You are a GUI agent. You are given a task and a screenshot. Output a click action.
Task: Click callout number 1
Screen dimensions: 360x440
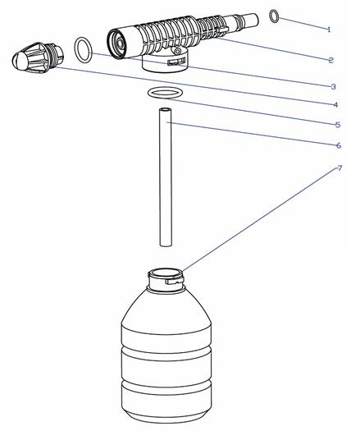(x=329, y=30)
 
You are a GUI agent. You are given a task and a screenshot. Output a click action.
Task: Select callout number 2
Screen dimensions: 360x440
(x=331, y=60)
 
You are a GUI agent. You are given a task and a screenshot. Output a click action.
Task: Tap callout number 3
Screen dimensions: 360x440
(x=334, y=86)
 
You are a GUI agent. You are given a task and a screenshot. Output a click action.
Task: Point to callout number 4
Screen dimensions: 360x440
(x=335, y=105)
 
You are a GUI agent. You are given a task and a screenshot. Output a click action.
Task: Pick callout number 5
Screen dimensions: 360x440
(x=338, y=125)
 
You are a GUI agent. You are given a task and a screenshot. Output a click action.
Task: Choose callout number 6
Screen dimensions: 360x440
(x=339, y=145)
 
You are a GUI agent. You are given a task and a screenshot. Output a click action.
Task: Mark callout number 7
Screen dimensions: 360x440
(x=339, y=168)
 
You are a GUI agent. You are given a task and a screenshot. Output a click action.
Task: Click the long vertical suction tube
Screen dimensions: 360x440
(x=166, y=176)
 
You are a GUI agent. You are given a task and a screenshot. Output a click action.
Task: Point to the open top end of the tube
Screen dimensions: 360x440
(x=166, y=109)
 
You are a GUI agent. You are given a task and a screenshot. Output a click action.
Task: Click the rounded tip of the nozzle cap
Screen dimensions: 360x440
(x=18, y=60)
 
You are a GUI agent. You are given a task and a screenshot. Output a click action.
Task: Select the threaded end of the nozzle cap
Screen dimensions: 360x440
(x=56, y=55)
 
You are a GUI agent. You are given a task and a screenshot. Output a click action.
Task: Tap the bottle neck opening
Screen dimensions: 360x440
(x=166, y=273)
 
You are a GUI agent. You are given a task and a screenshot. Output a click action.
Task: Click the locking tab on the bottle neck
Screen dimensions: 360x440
(x=174, y=281)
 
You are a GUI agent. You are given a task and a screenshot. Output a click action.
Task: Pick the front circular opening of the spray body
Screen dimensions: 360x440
(x=116, y=44)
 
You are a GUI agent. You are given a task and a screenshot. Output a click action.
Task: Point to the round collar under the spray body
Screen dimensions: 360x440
(x=165, y=63)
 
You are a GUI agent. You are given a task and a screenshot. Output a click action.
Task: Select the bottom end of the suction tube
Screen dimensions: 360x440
(x=166, y=245)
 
